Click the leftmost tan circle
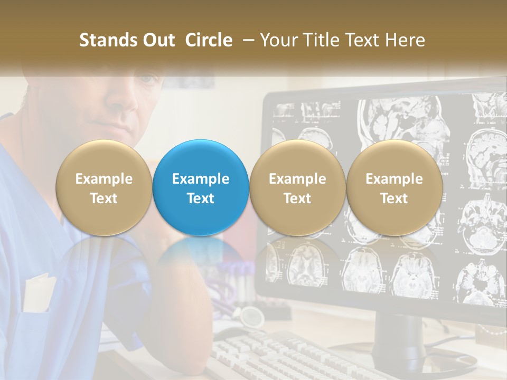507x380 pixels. click(104, 188)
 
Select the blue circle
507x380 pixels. click(201, 188)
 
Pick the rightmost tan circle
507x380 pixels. click(394, 188)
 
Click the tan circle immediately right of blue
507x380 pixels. click(297, 188)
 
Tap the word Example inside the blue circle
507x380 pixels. click(201, 179)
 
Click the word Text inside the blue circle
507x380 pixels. click(201, 198)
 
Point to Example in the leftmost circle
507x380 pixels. click(104, 179)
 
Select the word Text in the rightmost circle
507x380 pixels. click(394, 198)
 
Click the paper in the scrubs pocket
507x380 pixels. click(40, 293)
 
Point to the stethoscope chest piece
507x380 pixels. click(252, 317)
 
